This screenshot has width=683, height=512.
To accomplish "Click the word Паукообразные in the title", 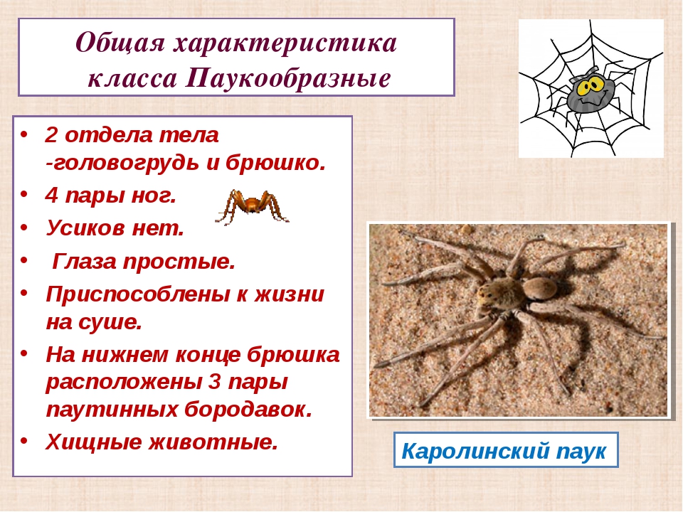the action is (288, 79).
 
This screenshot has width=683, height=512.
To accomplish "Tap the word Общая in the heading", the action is (120, 43).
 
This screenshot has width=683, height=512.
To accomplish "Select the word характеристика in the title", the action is (285, 43).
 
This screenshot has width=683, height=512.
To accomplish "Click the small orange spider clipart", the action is (252, 207).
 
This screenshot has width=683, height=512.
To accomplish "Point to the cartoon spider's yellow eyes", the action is (591, 88).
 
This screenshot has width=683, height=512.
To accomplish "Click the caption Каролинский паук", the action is (504, 451).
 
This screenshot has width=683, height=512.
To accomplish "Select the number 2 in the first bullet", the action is (51, 135).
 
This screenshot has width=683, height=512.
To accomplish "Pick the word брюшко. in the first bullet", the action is (275, 163).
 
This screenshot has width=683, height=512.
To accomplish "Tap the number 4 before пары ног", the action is (52, 196).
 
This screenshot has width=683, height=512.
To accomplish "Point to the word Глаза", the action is (85, 261).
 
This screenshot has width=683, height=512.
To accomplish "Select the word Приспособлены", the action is (137, 295).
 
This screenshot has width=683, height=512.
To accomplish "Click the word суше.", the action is (111, 323).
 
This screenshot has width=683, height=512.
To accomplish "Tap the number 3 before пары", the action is (215, 382).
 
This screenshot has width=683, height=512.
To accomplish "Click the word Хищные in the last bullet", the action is (94, 442).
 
